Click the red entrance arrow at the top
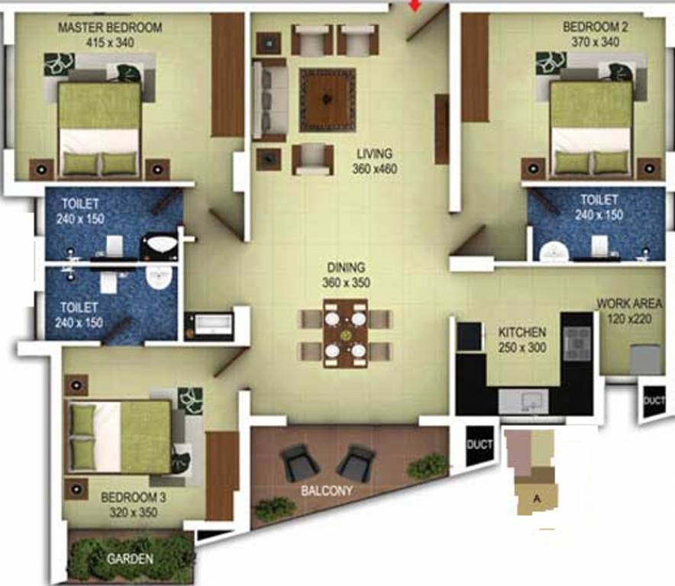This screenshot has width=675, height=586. [415, 7]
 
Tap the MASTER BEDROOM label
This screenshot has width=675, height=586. [110, 27]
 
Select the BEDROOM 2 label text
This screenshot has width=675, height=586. [595, 27]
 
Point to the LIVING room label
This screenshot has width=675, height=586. [375, 154]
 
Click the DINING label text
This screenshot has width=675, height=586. [347, 268]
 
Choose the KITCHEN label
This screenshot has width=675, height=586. [522, 333]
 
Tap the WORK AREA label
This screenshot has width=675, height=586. [630, 304]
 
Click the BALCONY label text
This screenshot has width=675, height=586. [327, 491]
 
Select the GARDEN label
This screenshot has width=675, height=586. [130, 559]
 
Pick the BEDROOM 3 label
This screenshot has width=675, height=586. [134, 497]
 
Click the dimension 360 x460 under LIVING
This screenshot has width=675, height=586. [375, 169]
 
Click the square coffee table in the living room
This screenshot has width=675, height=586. [328, 99]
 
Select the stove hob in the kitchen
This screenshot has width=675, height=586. [577, 343]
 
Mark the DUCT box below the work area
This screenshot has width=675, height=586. [654, 401]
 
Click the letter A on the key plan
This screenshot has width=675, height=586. [537, 499]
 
